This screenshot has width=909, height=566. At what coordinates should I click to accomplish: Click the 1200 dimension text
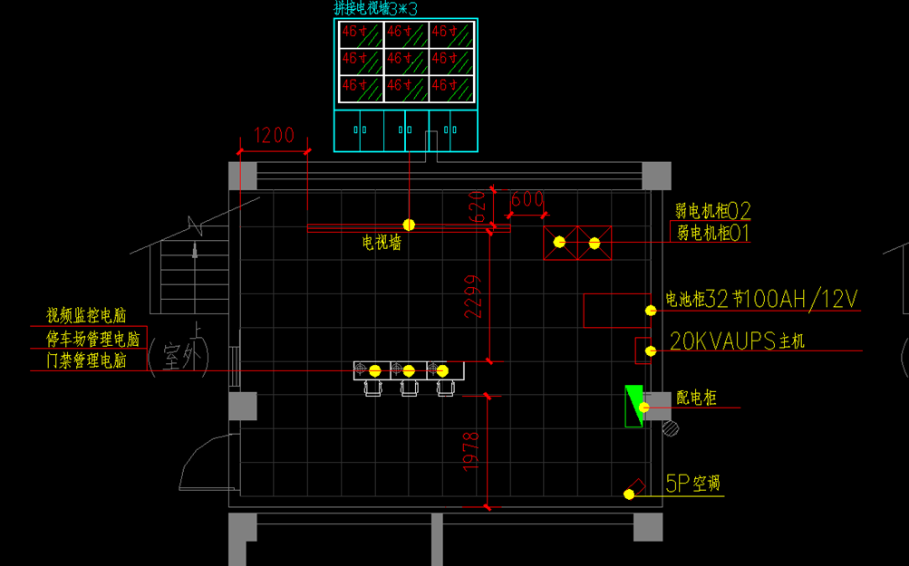(274, 136)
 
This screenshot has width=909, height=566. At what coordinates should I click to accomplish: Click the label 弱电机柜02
(713, 212)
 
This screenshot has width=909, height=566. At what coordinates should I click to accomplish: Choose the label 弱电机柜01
(713, 234)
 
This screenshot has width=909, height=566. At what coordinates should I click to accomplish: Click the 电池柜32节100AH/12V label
(761, 299)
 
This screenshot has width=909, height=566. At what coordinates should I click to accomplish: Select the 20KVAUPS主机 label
(737, 341)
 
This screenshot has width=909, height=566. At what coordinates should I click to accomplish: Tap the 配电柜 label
(696, 398)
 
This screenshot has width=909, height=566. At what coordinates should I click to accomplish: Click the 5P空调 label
(693, 484)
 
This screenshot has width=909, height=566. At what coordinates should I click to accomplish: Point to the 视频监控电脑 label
(86, 315)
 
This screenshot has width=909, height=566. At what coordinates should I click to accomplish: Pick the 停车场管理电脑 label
(93, 339)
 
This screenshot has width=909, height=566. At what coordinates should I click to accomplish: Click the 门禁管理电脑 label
(86, 360)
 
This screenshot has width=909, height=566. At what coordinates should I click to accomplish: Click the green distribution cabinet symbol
(633, 405)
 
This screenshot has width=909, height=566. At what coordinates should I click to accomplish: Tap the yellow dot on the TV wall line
(409, 225)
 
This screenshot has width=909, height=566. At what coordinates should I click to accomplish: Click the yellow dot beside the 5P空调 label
(628, 494)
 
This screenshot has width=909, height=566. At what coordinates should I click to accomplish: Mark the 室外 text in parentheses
(179, 358)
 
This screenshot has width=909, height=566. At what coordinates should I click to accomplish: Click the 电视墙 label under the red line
(382, 243)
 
